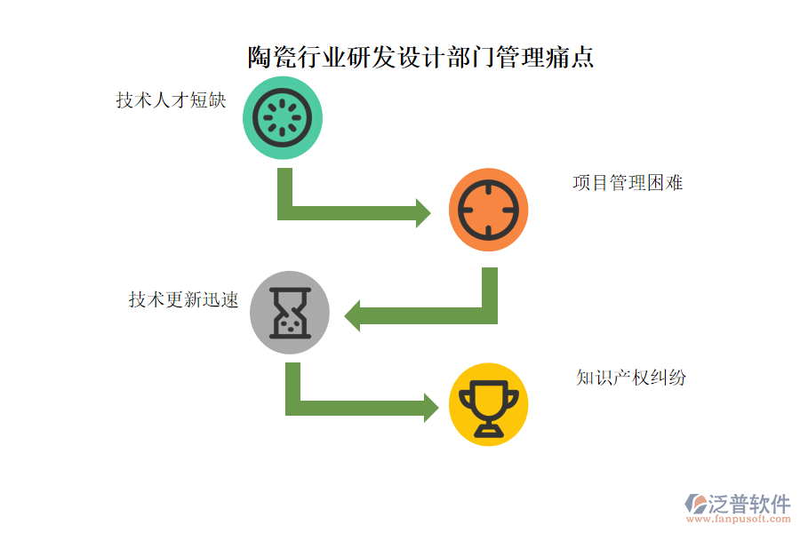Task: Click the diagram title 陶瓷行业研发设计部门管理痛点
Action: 420,57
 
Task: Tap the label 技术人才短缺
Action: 171,100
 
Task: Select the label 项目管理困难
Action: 628,183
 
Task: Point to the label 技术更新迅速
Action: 184,299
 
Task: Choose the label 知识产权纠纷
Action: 631,378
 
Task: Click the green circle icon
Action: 283,118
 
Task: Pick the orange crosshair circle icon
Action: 488,210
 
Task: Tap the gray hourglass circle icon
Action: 290,312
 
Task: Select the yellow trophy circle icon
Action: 488,404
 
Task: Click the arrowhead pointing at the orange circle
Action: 423,213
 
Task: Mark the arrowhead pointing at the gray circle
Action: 352,315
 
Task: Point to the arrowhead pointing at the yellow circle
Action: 431,408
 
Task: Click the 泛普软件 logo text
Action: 749,504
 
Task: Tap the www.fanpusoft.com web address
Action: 739,519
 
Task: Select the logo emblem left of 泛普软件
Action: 696,504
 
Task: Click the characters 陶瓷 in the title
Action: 271,57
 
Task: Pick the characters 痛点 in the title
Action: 570,57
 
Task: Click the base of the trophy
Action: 489,432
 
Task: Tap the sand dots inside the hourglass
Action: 291,325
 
